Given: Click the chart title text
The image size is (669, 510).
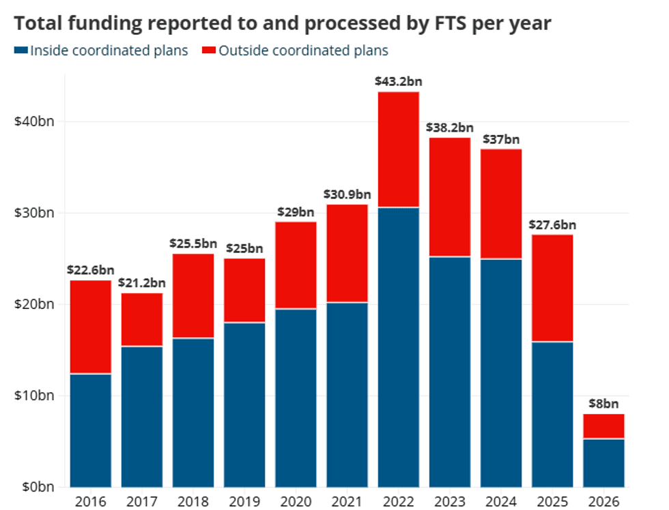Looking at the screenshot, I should pos(283,22).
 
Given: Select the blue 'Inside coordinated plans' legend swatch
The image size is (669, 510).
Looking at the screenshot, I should pos(20,51).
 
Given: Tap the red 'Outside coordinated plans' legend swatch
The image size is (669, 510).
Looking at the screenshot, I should pos(209,51).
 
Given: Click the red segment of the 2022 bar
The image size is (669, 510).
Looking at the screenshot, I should pos(398,149).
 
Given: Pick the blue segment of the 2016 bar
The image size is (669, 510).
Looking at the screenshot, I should pos(90,430).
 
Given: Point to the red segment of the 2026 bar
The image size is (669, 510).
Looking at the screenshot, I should pos(603,426).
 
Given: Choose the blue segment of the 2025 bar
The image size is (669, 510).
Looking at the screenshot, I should pos(552,414).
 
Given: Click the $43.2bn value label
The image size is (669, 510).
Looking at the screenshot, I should pos(398,81).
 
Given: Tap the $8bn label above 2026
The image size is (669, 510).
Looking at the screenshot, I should pos(603,404).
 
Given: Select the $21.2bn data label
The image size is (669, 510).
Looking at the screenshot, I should pos(141,283).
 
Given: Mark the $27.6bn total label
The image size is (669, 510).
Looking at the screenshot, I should pos(552,224).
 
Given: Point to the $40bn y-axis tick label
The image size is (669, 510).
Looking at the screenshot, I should pos(32,121).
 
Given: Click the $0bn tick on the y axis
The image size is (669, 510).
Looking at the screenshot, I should pos(35,487).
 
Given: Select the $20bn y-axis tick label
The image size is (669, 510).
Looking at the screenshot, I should pos(32,304).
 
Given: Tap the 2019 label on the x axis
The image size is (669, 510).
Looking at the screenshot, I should pos(244,501).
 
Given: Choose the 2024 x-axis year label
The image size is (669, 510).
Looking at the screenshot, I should pos(501,501).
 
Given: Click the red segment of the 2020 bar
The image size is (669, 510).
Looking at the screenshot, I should pos(296,265).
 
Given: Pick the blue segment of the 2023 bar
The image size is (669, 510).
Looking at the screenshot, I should pos(449,372).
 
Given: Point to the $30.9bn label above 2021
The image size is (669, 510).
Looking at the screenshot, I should pos(347,194).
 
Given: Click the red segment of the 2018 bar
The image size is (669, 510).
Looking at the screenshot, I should pos(193,296).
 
